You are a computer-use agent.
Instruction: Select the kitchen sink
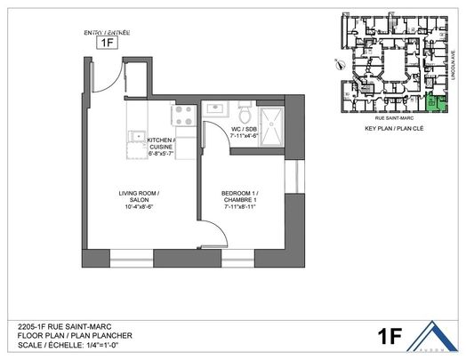coord(137,137)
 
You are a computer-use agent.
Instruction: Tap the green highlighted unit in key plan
coord(432,104)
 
